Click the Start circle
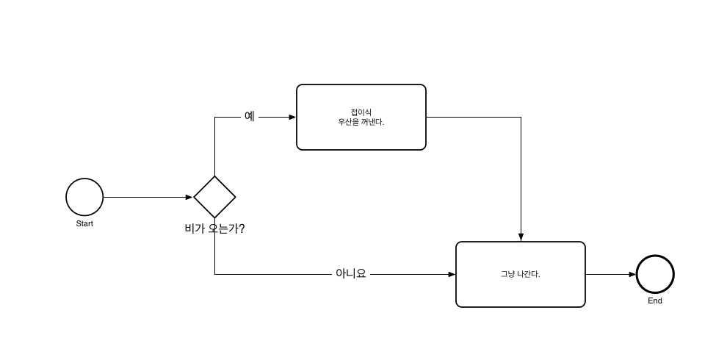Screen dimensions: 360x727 84,197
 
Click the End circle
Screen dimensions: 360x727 655,274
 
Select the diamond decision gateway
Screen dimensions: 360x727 214,197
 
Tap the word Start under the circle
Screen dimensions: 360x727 84,223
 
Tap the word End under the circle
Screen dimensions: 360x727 655,300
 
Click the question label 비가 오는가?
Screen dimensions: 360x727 214,228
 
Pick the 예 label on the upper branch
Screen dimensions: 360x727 250,116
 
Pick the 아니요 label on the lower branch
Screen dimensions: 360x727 350,273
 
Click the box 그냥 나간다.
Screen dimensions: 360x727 520,290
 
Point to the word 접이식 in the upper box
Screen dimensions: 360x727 361,112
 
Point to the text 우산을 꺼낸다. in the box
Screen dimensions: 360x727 361,122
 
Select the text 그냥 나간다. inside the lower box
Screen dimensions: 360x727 520,274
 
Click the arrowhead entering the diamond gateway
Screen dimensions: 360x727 189,197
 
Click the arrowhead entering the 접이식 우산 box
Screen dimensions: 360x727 292,117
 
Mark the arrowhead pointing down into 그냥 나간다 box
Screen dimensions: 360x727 521,237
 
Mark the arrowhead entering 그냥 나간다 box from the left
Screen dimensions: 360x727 452,274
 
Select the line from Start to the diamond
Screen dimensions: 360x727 147,197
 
